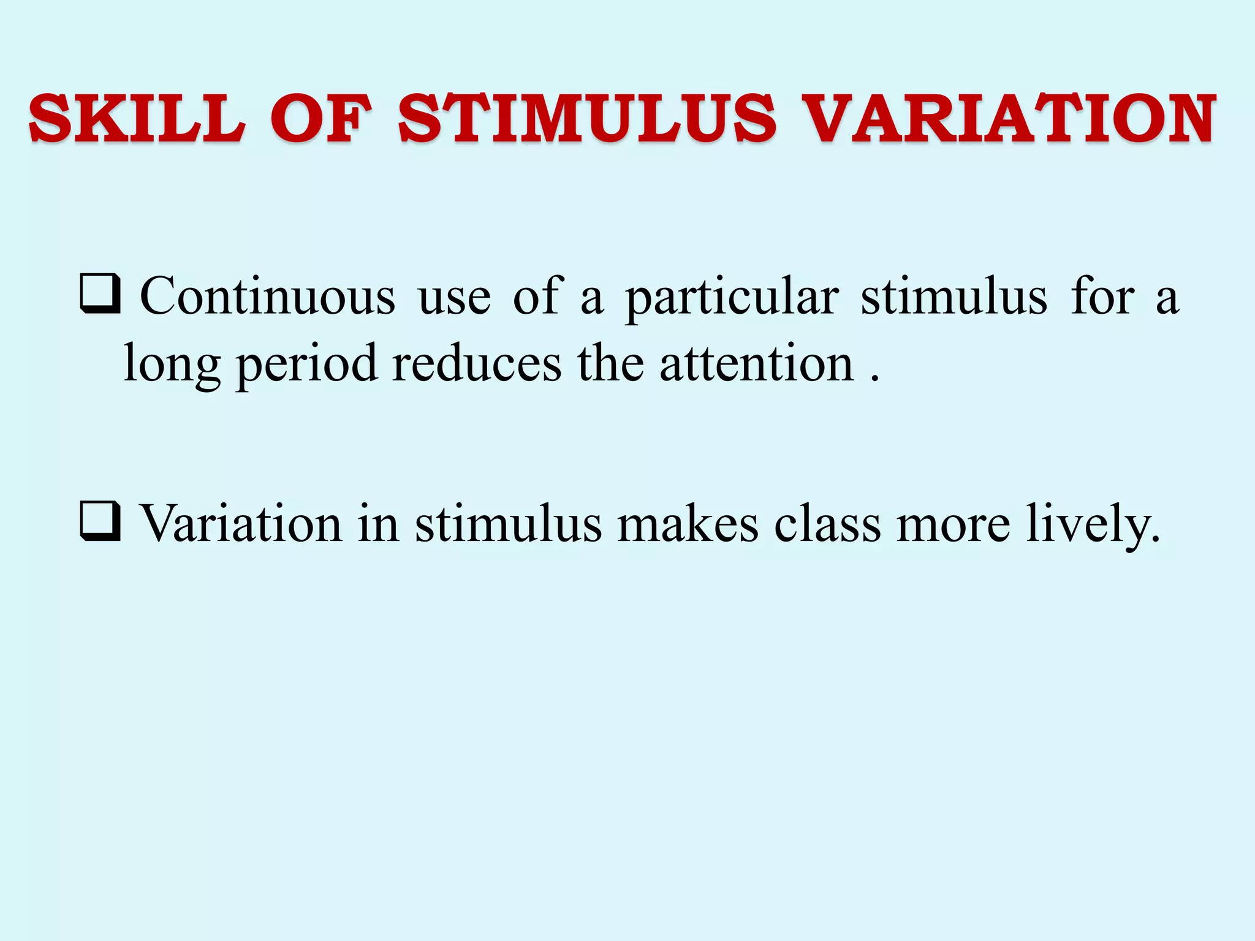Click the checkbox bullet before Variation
coord(100,523)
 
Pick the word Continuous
coord(268,297)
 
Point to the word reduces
coord(477,364)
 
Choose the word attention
coord(756,364)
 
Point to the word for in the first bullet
coord(1102,297)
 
